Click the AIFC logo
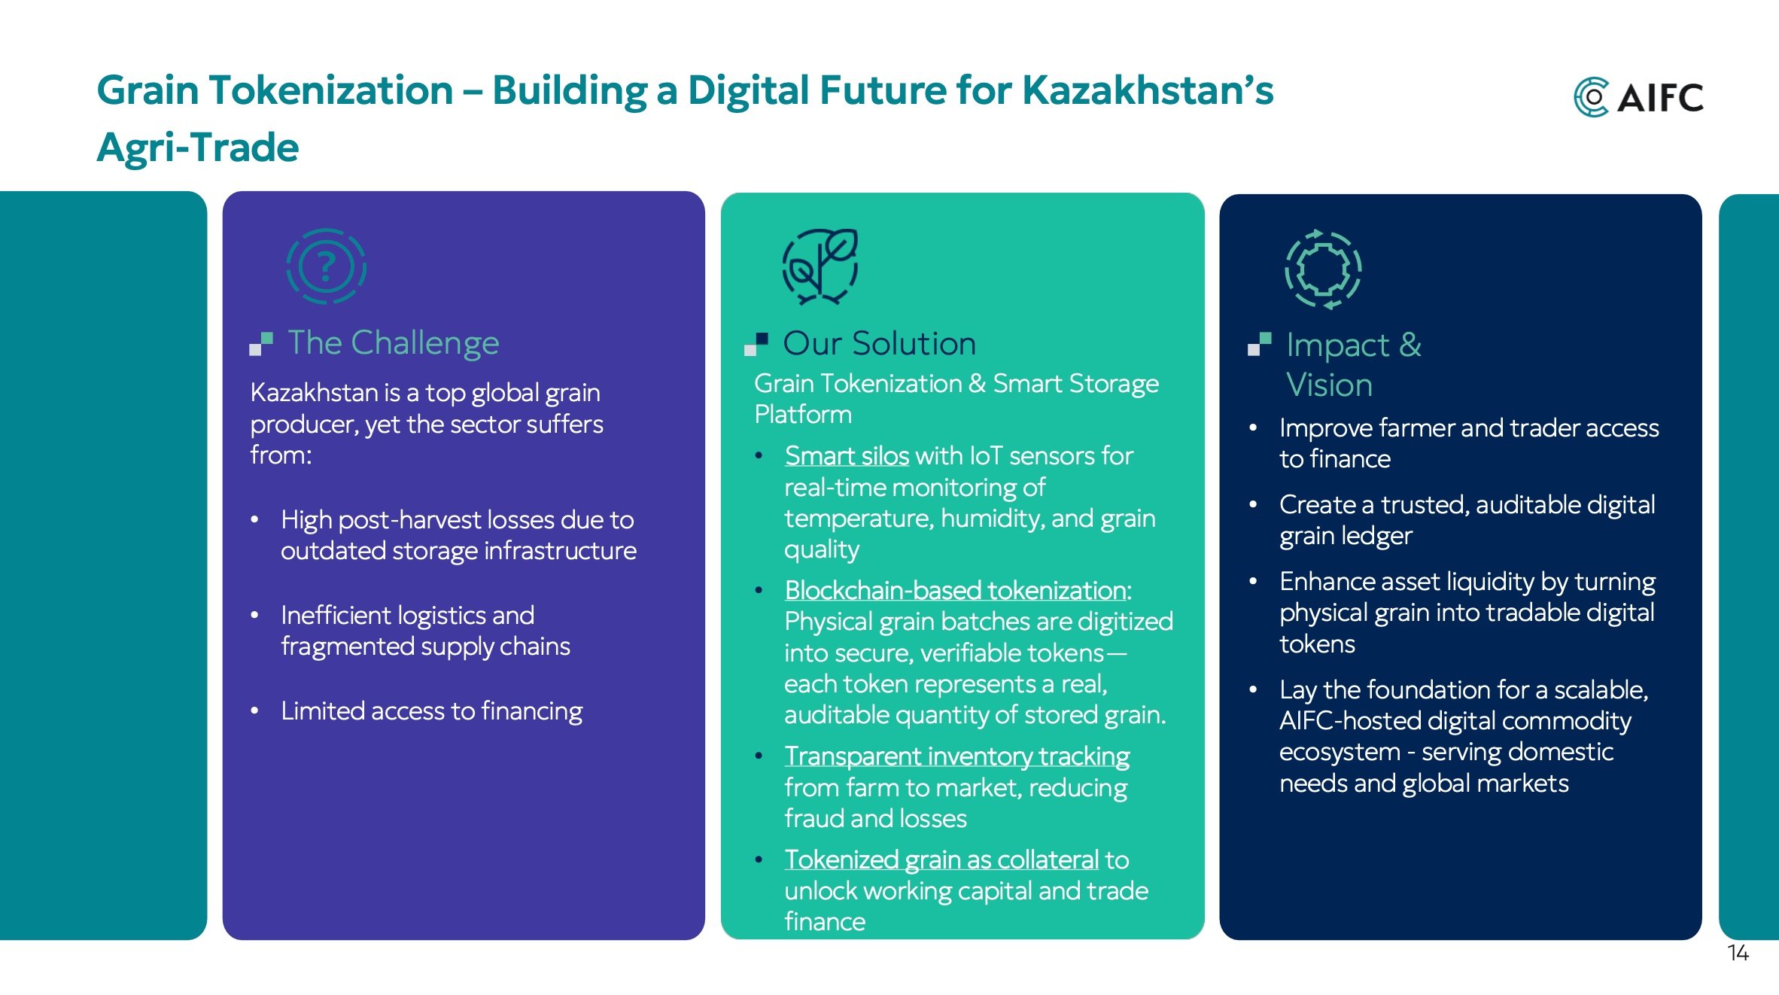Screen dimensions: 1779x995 (x=1638, y=97)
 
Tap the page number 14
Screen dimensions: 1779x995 (x=1738, y=953)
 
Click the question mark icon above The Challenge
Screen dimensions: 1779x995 (x=326, y=266)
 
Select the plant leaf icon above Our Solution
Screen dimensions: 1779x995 (x=820, y=266)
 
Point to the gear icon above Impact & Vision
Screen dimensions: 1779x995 (x=1323, y=269)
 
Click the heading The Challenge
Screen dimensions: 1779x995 (x=393, y=343)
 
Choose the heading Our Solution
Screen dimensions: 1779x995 (x=879, y=344)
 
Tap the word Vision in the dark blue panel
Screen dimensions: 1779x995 (x=1329, y=385)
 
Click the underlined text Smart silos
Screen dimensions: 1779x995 (x=847, y=456)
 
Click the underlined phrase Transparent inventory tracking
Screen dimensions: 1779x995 (x=956, y=756)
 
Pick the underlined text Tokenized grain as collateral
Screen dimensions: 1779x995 (x=941, y=860)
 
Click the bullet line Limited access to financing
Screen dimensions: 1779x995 (x=431, y=711)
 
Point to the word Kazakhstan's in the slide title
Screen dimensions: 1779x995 (x=1148, y=90)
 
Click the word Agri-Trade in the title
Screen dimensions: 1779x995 (x=198, y=148)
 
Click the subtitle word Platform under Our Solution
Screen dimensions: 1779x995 (x=803, y=415)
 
